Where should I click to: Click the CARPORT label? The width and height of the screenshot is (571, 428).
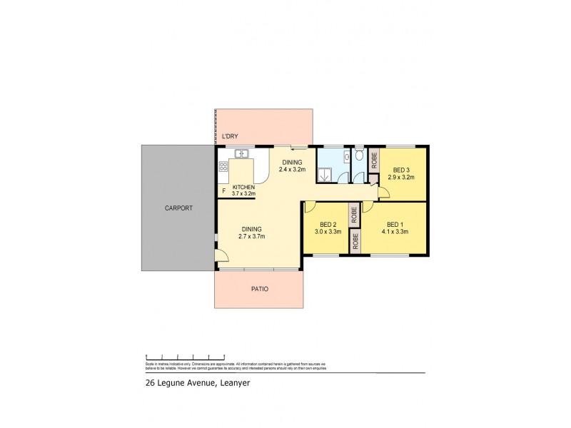tap(178, 208)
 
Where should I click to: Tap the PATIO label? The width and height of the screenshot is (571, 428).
tap(258, 290)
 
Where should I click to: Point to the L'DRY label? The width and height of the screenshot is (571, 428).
tap(230, 136)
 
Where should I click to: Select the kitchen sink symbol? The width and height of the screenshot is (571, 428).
tap(241, 153)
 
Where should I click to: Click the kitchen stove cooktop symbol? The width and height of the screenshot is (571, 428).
tap(223, 168)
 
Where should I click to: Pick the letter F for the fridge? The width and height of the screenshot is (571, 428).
tap(223, 190)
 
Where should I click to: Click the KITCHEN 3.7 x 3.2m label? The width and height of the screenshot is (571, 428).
tap(243, 190)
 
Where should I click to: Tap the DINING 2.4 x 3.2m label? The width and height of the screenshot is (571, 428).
tap(292, 166)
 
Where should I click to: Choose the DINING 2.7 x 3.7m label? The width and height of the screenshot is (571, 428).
tap(251, 233)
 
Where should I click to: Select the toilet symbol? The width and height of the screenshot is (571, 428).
tap(359, 156)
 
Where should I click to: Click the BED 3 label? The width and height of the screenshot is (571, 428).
tap(400, 173)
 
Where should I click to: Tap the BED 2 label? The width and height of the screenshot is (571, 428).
tap(328, 228)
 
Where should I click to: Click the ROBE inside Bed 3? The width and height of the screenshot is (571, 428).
tap(373, 160)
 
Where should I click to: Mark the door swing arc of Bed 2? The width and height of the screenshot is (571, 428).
tap(310, 207)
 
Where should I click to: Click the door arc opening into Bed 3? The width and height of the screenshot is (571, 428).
tap(384, 190)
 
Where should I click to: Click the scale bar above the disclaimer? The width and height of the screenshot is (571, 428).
tap(186, 357)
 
